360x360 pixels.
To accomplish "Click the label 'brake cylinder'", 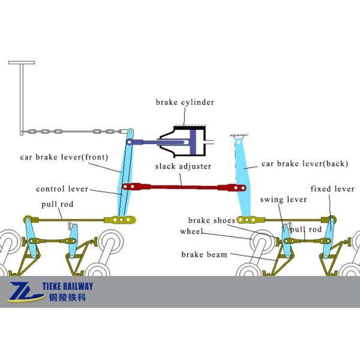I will click(x=185, y=103).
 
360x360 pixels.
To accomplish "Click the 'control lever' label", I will click(x=62, y=189).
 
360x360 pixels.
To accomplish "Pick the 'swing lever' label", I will click(x=284, y=199).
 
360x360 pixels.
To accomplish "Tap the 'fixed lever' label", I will click(x=332, y=189).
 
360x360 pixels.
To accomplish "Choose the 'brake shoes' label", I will click(x=212, y=220).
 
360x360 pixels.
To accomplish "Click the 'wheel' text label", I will click(x=192, y=232).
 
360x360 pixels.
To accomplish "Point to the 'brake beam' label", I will click(x=205, y=254).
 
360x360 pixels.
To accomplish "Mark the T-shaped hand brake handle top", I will click(x=21, y=62).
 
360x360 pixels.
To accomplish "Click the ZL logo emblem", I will click(x=25, y=292).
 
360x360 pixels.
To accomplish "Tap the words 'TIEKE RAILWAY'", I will click(x=71, y=286).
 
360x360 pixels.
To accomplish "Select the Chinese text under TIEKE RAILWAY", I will click(x=66, y=298).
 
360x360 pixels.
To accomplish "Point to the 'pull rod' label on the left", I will click(x=58, y=205).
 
